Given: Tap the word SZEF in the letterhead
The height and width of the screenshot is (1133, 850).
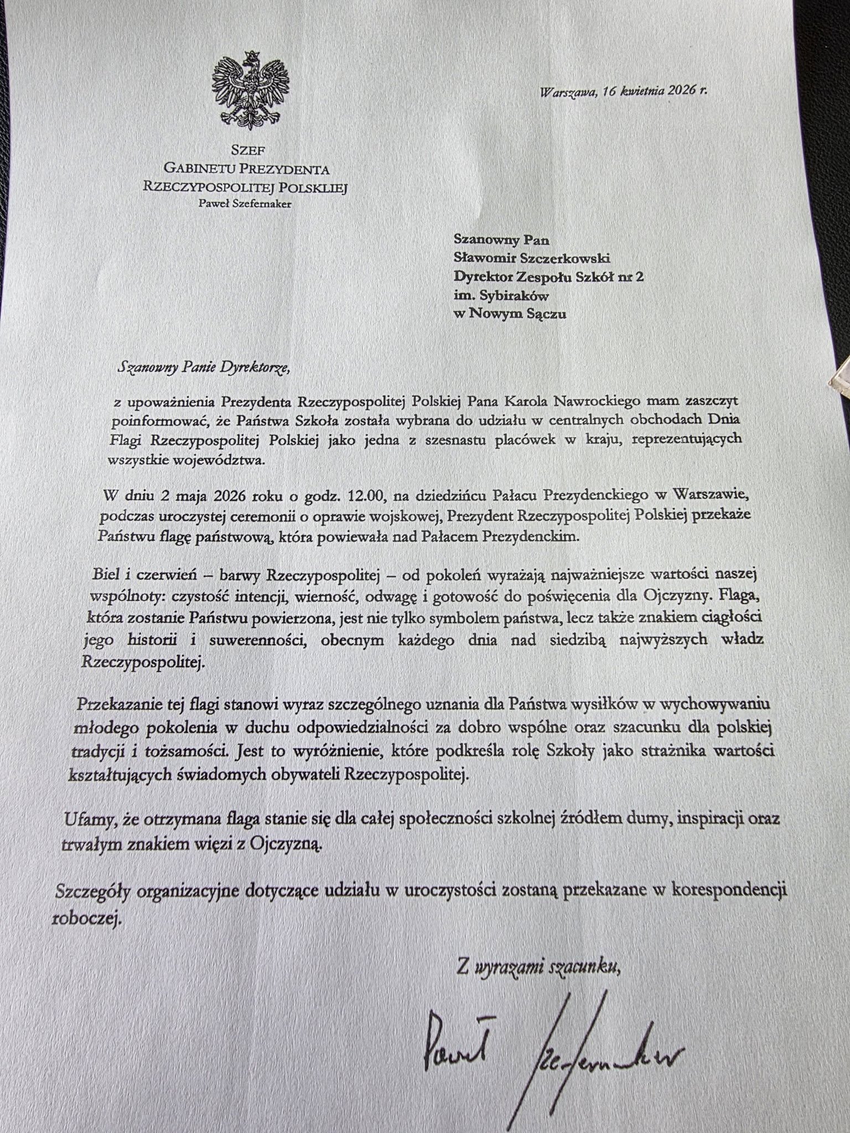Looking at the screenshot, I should pos(244,149).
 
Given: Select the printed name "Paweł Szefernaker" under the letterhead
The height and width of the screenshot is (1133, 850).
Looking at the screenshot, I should pos(245,203).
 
